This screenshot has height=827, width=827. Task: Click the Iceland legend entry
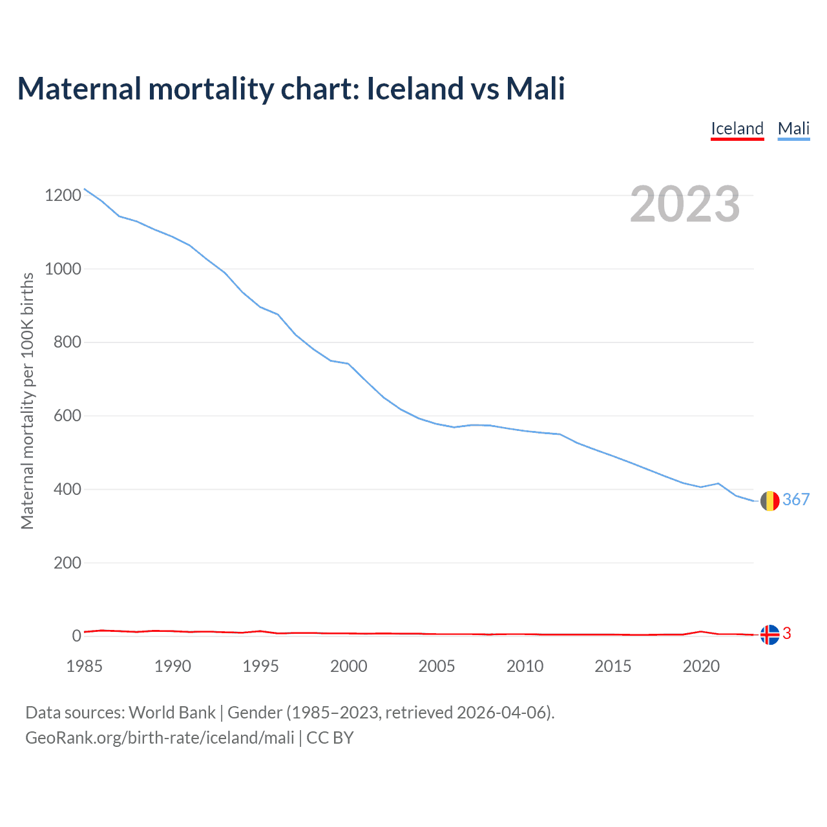tap(737, 129)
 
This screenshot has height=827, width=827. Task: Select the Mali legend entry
tap(793, 129)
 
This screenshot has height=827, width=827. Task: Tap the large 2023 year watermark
tap(685, 204)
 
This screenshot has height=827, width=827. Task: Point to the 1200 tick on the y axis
tap(63, 195)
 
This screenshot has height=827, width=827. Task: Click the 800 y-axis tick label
tap(67, 342)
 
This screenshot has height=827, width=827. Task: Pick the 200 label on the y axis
tap(67, 563)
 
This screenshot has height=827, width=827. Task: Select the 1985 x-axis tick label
tap(84, 666)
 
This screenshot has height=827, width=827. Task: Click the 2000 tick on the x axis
tap(349, 666)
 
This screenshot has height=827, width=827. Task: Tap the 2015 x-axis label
tap(613, 666)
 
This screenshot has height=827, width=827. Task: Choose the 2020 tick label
tap(701, 666)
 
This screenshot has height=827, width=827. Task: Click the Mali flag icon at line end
tap(769, 501)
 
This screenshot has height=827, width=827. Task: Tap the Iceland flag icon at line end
tap(769, 635)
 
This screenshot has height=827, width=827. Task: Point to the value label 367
tap(796, 499)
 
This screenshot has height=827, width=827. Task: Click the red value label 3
tap(787, 634)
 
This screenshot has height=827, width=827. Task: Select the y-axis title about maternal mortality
tap(27, 401)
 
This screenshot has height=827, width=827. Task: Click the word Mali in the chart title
tap(536, 89)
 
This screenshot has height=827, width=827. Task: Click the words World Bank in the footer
tap(172, 713)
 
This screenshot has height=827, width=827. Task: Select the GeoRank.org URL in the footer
tap(160, 738)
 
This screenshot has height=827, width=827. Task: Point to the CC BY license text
tap(330, 738)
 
